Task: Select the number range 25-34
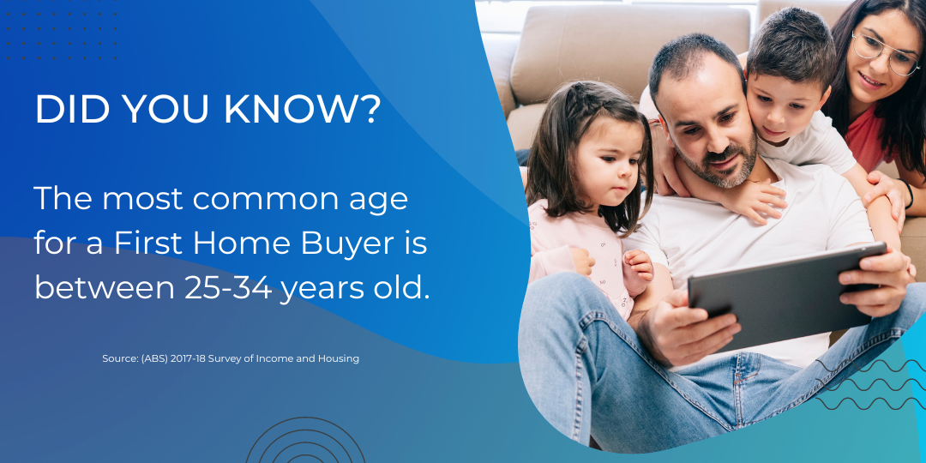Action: [x=228, y=288]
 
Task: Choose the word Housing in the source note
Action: [x=338, y=358]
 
